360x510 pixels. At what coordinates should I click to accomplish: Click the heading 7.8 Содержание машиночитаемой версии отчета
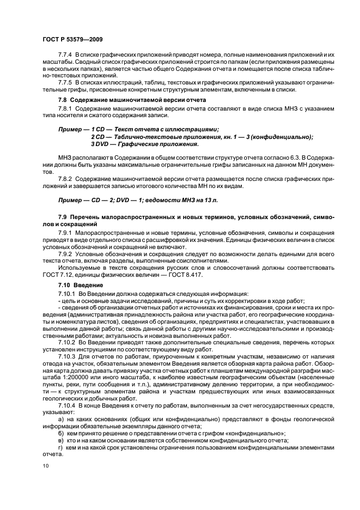pos(132,100)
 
